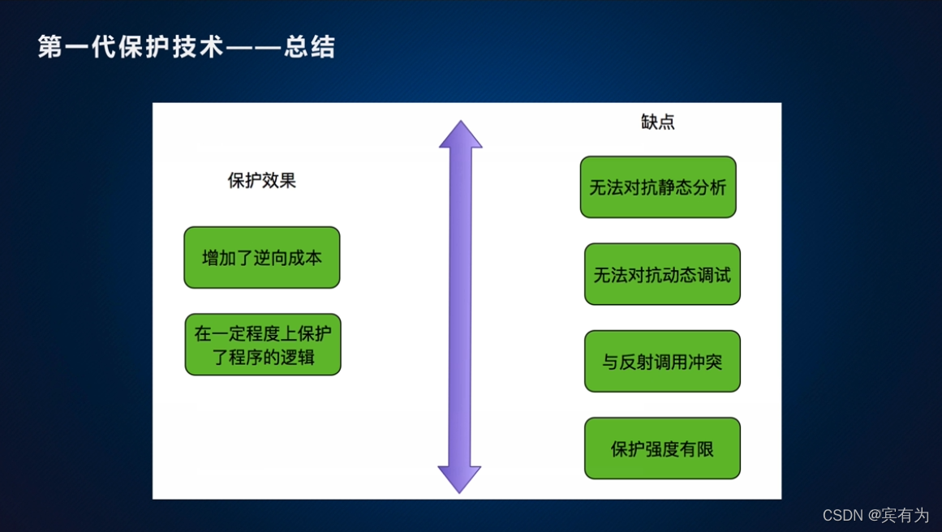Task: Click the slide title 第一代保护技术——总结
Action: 187,47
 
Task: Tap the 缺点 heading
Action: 657,122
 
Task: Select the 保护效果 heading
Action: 261,181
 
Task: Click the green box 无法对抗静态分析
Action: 658,187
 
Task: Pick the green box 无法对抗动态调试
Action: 662,275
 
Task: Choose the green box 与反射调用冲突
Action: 662,362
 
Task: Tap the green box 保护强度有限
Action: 662,448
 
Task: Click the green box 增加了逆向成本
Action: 261,258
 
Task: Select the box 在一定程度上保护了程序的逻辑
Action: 263,345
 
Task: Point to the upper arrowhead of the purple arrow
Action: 460,136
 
